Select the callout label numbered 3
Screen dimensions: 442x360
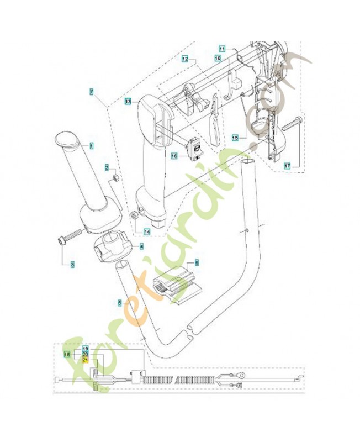coord(72,264)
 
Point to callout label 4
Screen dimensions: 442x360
coord(141,246)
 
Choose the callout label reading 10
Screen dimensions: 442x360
coord(217,57)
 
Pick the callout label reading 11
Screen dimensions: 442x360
coord(222,48)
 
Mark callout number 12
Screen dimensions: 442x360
coord(185,58)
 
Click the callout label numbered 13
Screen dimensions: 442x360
coord(127,102)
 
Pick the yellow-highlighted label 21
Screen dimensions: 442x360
coord(85,360)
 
